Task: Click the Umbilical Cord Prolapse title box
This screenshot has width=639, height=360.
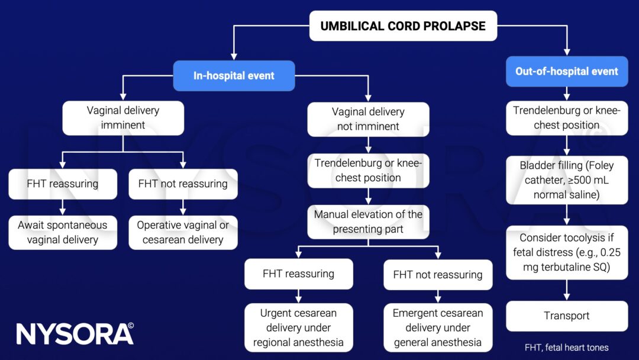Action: (403, 26)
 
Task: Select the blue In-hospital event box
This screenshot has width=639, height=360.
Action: (234, 76)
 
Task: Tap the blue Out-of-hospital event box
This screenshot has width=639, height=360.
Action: (567, 72)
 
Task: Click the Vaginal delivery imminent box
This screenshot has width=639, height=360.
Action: (123, 118)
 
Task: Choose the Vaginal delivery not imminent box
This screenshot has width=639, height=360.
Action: (368, 119)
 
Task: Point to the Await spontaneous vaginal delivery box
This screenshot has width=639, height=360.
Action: (63, 232)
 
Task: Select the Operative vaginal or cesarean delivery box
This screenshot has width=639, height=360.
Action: (183, 232)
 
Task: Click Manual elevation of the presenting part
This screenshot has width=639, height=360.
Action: (368, 221)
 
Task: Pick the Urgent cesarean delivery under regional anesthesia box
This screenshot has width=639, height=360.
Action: (298, 327)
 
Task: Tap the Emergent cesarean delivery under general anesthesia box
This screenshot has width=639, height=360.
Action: (438, 327)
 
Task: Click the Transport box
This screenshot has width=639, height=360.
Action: (567, 316)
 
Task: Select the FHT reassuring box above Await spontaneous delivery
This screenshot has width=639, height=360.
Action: (63, 184)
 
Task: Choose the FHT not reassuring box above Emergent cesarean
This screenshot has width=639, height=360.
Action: (438, 274)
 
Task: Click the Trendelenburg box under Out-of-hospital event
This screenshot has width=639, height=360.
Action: (567, 118)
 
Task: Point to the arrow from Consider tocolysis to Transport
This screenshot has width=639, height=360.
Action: (567, 290)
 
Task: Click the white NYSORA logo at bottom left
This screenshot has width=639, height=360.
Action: (75, 334)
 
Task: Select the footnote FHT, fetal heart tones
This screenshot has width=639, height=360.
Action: (566, 348)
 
